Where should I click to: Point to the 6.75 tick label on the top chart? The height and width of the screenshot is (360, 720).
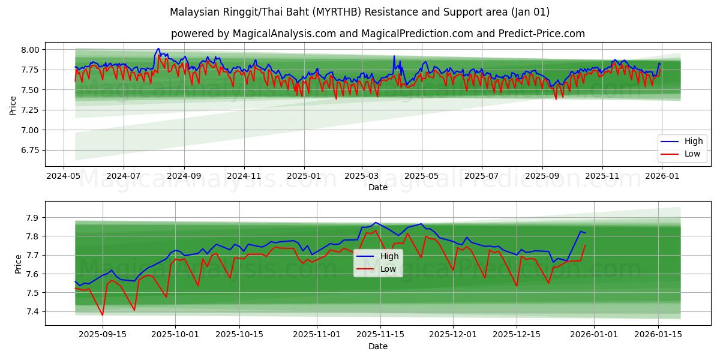point(29,150)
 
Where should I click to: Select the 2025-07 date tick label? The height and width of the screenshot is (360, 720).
point(481,176)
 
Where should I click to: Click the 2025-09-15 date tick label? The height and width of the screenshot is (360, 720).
point(102,335)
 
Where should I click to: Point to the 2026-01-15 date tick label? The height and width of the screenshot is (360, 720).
point(658,335)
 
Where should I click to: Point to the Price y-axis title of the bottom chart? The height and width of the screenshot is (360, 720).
point(18,264)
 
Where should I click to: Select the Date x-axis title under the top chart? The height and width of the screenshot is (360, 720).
point(378,187)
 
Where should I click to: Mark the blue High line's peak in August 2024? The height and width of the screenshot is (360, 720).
point(158,49)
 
